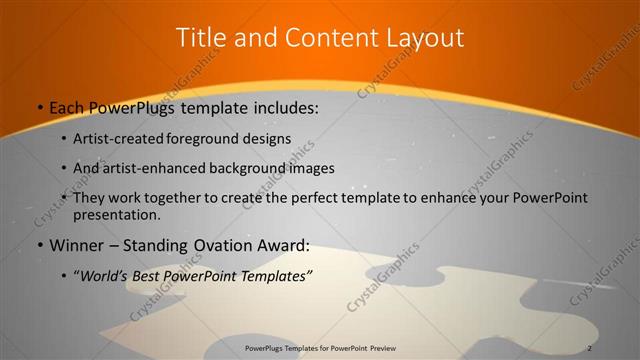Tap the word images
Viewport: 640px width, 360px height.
click(x=309, y=168)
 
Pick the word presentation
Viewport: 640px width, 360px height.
click(x=115, y=214)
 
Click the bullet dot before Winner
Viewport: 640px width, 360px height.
click(x=39, y=246)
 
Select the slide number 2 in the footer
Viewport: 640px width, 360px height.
click(x=590, y=347)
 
